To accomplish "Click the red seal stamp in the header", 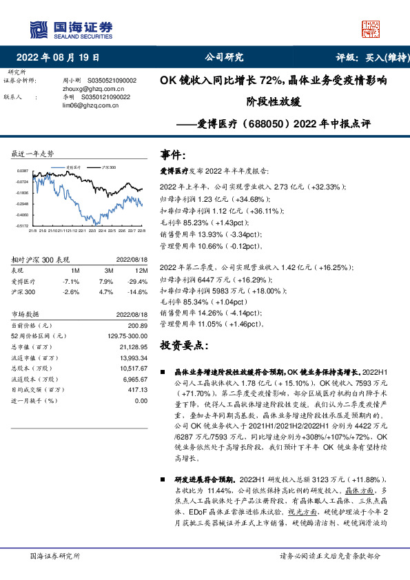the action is (x=371, y=28).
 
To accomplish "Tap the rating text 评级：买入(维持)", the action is (x=369, y=58).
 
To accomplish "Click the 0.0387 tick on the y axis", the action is (x=23, y=170).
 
